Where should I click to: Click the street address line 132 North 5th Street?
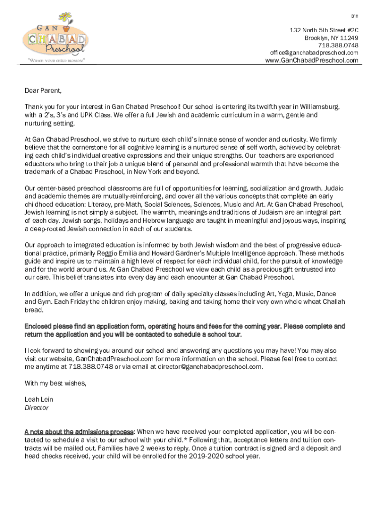click(x=324, y=30)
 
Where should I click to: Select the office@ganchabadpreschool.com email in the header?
click(x=314, y=53)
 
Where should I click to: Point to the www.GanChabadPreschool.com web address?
click(x=312, y=60)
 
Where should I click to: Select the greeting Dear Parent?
click(x=43, y=91)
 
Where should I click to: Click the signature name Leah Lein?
click(x=39, y=400)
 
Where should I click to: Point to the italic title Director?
click(x=37, y=408)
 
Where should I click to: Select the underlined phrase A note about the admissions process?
click(x=79, y=432)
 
